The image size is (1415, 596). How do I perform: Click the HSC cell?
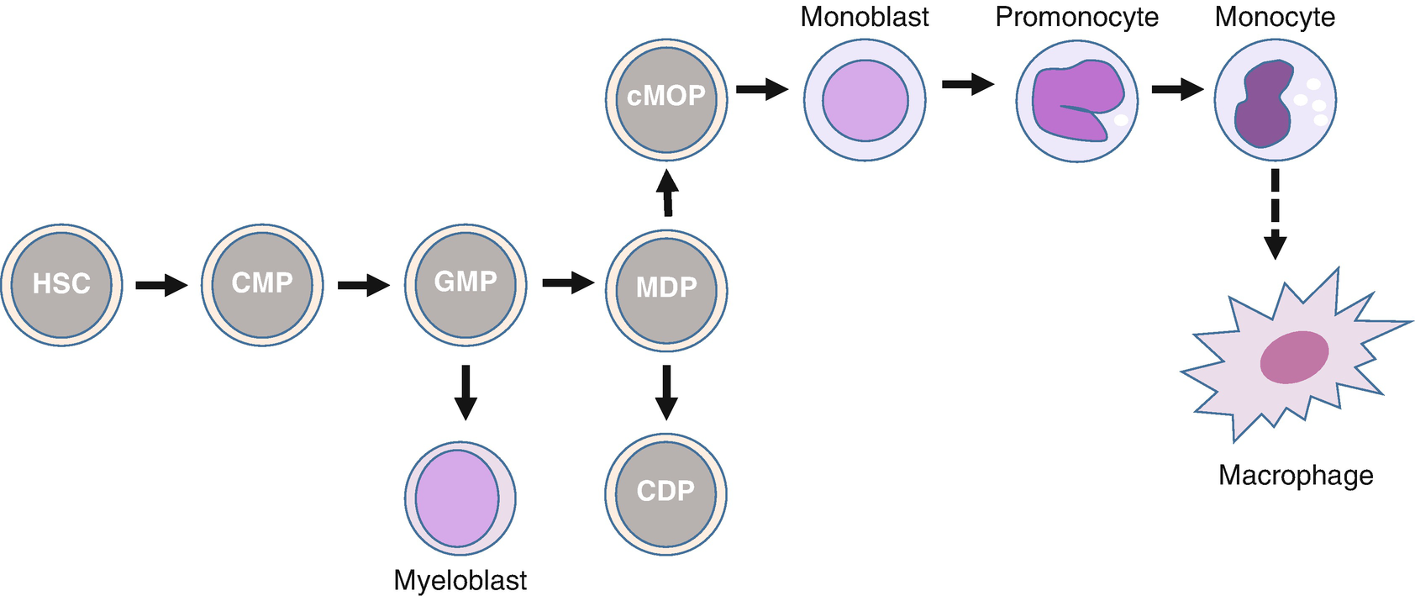61,285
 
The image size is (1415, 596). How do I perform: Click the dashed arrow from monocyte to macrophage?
1275,214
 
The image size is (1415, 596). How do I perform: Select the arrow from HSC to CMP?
161,285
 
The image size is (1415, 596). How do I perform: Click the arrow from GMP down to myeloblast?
465,392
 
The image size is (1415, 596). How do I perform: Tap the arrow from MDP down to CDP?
666,392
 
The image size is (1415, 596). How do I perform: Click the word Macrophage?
1295,476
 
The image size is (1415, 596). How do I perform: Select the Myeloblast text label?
460,580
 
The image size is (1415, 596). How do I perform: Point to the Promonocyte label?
1076,17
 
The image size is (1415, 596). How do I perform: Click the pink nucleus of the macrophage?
1294,357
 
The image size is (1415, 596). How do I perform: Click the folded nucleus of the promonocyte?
1077,99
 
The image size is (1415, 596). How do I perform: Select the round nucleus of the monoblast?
865,101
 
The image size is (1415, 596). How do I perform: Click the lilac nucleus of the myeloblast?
458,498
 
